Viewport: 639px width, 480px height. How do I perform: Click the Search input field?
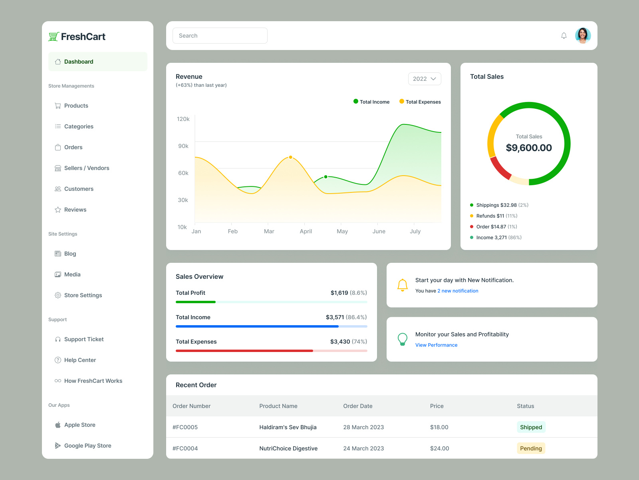click(x=220, y=36)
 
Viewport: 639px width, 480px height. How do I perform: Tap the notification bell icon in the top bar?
click(x=564, y=36)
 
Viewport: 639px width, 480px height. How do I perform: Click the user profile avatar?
click(x=583, y=36)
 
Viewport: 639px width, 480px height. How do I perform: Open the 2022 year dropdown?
click(x=424, y=79)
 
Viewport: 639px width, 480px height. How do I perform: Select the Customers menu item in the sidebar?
click(x=79, y=189)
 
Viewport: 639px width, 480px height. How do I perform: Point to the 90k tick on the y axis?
click(x=183, y=146)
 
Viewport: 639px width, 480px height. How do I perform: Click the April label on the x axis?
click(x=306, y=231)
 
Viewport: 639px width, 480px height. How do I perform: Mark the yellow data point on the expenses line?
click(x=290, y=157)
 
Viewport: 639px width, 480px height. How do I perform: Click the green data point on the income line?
click(x=326, y=177)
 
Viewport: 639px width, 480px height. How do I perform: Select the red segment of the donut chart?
click(x=500, y=168)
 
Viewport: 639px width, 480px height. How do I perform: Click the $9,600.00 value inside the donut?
click(x=529, y=148)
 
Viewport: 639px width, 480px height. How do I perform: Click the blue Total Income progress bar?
click(x=257, y=326)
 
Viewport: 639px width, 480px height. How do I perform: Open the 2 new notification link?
click(x=458, y=291)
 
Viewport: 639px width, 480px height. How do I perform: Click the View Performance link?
click(x=436, y=345)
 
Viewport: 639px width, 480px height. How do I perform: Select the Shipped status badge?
click(x=531, y=427)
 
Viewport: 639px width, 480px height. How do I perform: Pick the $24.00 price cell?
click(x=439, y=448)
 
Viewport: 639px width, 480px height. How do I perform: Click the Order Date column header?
click(x=357, y=406)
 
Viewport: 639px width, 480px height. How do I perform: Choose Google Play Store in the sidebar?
click(x=87, y=446)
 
